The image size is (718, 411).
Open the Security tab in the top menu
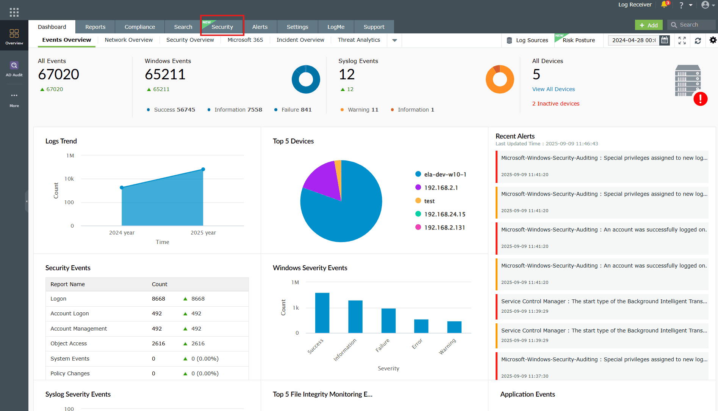pyautogui.click(x=222, y=27)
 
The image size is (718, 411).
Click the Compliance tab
pyautogui.click(x=139, y=27)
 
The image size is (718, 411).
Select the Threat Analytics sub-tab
pyautogui.click(x=359, y=40)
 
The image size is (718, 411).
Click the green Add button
pyautogui.click(x=649, y=25)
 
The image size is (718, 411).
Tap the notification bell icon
pyautogui.click(x=664, y=5)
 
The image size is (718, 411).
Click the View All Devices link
pyautogui.click(x=553, y=89)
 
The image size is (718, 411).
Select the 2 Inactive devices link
pyautogui.click(x=555, y=104)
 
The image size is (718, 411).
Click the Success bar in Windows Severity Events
pyautogui.click(x=322, y=313)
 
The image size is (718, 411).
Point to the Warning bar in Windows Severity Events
pyautogui.click(x=454, y=327)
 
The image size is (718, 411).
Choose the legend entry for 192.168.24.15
pyautogui.click(x=444, y=214)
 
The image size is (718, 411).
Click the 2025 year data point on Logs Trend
pyautogui.click(x=203, y=169)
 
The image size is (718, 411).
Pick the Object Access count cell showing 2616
pyautogui.click(x=158, y=343)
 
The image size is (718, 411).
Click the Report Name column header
pyautogui.click(x=68, y=284)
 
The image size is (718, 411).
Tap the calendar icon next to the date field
pyautogui.click(x=665, y=40)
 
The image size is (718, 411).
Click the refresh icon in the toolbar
pyautogui.click(x=698, y=40)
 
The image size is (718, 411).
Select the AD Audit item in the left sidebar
pyautogui.click(x=14, y=69)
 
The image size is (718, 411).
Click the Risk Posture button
pyautogui.click(x=578, y=40)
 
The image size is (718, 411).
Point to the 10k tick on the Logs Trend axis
pyautogui.click(x=69, y=179)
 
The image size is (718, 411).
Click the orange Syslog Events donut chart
pyautogui.click(x=500, y=79)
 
